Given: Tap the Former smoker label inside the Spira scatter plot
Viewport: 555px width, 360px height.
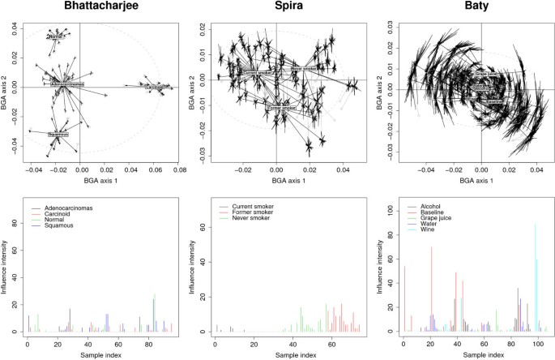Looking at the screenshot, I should point(281,106).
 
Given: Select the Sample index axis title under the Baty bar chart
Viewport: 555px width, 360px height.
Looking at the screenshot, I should point(478,355).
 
